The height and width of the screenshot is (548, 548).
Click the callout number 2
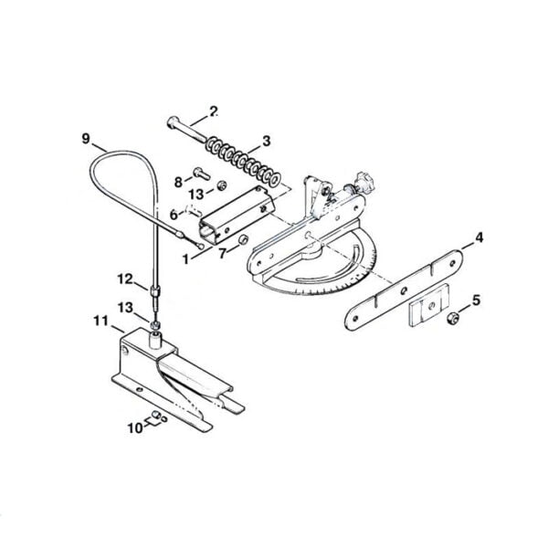pyautogui.click(x=213, y=111)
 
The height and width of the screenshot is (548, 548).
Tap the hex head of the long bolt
pyautogui.click(x=173, y=123)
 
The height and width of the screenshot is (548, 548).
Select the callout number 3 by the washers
pyautogui.click(x=266, y=142)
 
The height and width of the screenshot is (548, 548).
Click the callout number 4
pyautogui.click(x=479, y=238)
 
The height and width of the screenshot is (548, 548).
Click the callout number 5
pyautogui.click(x=476, y=300)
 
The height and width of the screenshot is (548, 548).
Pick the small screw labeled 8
pyautogui.click(x=201, y=173)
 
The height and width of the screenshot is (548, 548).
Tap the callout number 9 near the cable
pyautogui.click(x=86, y=139)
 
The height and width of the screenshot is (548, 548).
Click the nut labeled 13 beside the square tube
pyautogui.click(x=221, y=185)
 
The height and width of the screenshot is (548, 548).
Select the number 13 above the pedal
pyautogui.click(x=125, y=308)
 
